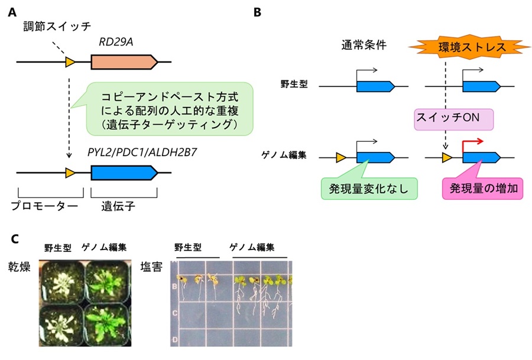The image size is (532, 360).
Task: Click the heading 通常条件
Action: click(364, 45)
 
